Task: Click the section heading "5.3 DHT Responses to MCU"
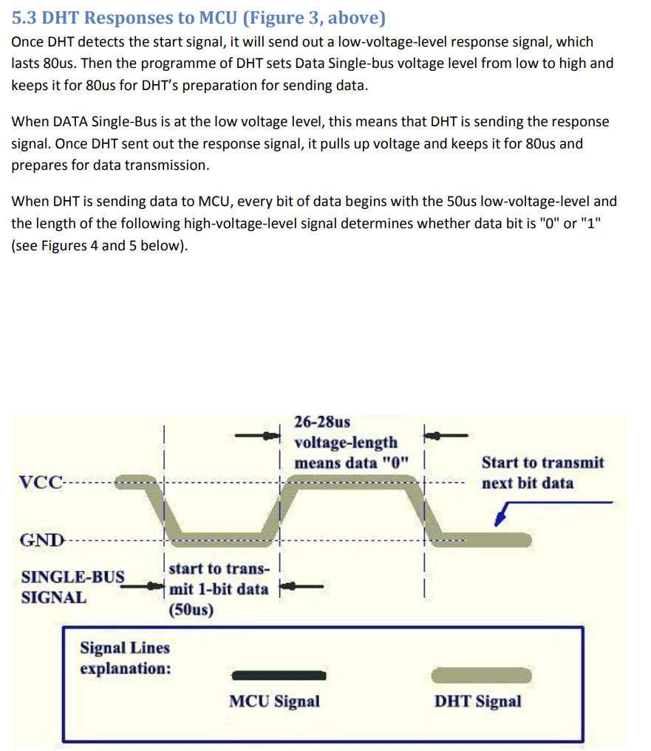point(199,17)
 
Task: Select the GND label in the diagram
point(41,538)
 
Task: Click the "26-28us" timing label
point(322,422)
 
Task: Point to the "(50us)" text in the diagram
point(191,610)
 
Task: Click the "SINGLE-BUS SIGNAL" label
point(72,587)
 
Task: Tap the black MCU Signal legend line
point(278,675)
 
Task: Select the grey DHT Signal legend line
point(481,675)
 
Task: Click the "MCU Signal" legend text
point(274,701)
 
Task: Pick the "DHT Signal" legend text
point(477,701)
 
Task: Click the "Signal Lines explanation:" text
point(125,658)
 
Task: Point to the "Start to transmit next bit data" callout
point(542,473)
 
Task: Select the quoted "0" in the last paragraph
point(548,223)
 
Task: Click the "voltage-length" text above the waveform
point(346,442)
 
